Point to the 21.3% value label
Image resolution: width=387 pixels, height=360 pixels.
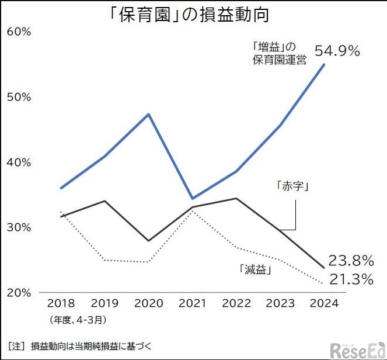point(350,280)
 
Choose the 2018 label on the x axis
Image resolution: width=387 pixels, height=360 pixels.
point(61,303)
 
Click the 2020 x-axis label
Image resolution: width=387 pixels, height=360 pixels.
point(148,303)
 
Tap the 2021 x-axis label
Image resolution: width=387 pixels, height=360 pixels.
point(192,303)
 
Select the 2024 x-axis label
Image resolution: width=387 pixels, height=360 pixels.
point(325,303)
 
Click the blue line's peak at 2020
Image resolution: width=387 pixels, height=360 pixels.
point(149,114)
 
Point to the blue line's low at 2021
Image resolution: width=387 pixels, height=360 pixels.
point(193,199)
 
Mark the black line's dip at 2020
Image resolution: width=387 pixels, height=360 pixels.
point(149,241)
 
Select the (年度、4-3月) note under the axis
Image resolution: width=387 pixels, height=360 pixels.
point(78,319)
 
